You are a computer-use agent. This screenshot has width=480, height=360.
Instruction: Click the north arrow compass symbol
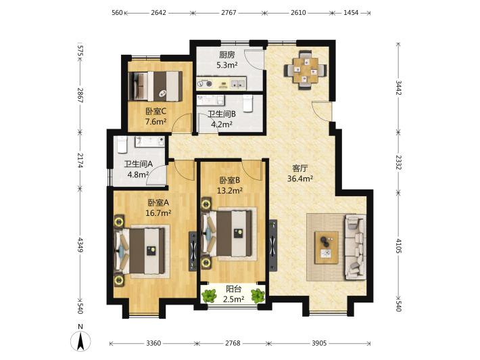coord(80,340)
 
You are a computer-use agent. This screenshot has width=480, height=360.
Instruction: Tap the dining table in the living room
coord(305,70)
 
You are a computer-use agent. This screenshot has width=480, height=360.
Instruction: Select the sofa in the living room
coord(355,247)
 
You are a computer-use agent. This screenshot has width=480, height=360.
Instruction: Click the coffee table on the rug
coord(327,248)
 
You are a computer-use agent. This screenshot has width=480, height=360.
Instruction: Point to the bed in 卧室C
coord(155,86)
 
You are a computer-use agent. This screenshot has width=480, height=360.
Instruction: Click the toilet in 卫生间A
coord(122,145)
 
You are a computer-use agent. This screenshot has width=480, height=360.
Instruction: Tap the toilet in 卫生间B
coord(247,103)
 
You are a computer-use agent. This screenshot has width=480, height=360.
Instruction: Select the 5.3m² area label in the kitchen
coord(227,65)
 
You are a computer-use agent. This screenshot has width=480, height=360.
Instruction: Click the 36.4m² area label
coord(299,179)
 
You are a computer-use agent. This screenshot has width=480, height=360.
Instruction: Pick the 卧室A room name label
coord(158,202)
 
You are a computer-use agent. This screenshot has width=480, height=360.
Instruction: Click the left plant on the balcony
coord(209,296)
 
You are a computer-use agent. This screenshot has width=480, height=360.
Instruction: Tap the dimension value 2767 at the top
coord(229,13)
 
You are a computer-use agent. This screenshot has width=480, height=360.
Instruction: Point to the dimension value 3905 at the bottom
coord(319,343)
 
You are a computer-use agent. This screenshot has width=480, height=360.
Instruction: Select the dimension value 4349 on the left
coord(80,244)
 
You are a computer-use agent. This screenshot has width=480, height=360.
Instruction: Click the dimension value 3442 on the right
coord(398,87)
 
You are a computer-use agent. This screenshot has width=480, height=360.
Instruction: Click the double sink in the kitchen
coord(237,83)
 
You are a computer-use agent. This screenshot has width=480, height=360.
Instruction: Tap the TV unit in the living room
coord(273,245)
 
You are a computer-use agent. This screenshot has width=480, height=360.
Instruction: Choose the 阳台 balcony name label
coord(233,289)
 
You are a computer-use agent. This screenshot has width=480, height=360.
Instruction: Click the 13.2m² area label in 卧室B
coord(230,191)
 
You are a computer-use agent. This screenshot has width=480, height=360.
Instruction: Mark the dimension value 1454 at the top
coord(351,13)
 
